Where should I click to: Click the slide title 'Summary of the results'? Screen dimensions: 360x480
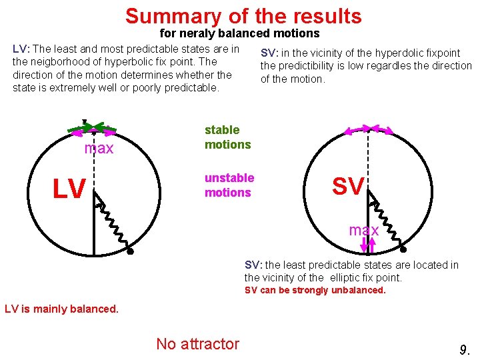tap(243, 15)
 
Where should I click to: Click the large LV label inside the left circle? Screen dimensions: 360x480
tap(69, 189)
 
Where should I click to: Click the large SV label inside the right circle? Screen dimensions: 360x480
tap(347, 187)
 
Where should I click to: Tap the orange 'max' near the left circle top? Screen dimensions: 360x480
tap(99, 148)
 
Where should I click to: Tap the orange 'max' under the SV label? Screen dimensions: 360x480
tap(364, 230)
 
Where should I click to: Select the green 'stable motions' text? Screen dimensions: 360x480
tap(227, 137)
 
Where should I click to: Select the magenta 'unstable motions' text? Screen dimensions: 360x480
tap(229, 185)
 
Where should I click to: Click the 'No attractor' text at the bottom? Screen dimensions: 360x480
tap(197, 344)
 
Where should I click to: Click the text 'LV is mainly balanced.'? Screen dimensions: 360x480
tap(61, 308)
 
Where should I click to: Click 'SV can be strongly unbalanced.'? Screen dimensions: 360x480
tap(315, 290)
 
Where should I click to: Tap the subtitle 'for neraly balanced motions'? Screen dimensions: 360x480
tap(239, 33)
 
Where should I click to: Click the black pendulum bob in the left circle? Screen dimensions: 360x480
tap(131, 252)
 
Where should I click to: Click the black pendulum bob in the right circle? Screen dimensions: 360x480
tap(403, 250)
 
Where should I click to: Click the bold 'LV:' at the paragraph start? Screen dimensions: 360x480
tap(21, 49)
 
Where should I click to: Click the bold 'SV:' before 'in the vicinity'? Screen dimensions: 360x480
tap(269, 53)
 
